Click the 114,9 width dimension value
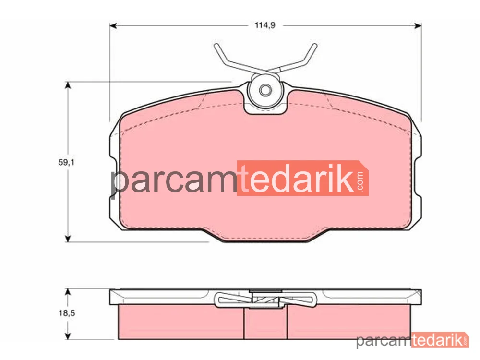click(x=265, y=25)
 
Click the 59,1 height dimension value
click(x=66, y=162)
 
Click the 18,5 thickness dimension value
click(x=67, y=313)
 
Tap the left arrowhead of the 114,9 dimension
click(x=113, y=26)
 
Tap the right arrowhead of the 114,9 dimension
click(x=418, y=26)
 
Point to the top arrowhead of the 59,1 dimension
click(x=68, y=85)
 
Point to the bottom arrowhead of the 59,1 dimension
click(x=68, y=239)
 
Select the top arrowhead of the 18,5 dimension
click(x=68, y=292)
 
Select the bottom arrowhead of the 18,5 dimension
click(x=68, y=336)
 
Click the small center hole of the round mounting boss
click(x=265, y=90)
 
